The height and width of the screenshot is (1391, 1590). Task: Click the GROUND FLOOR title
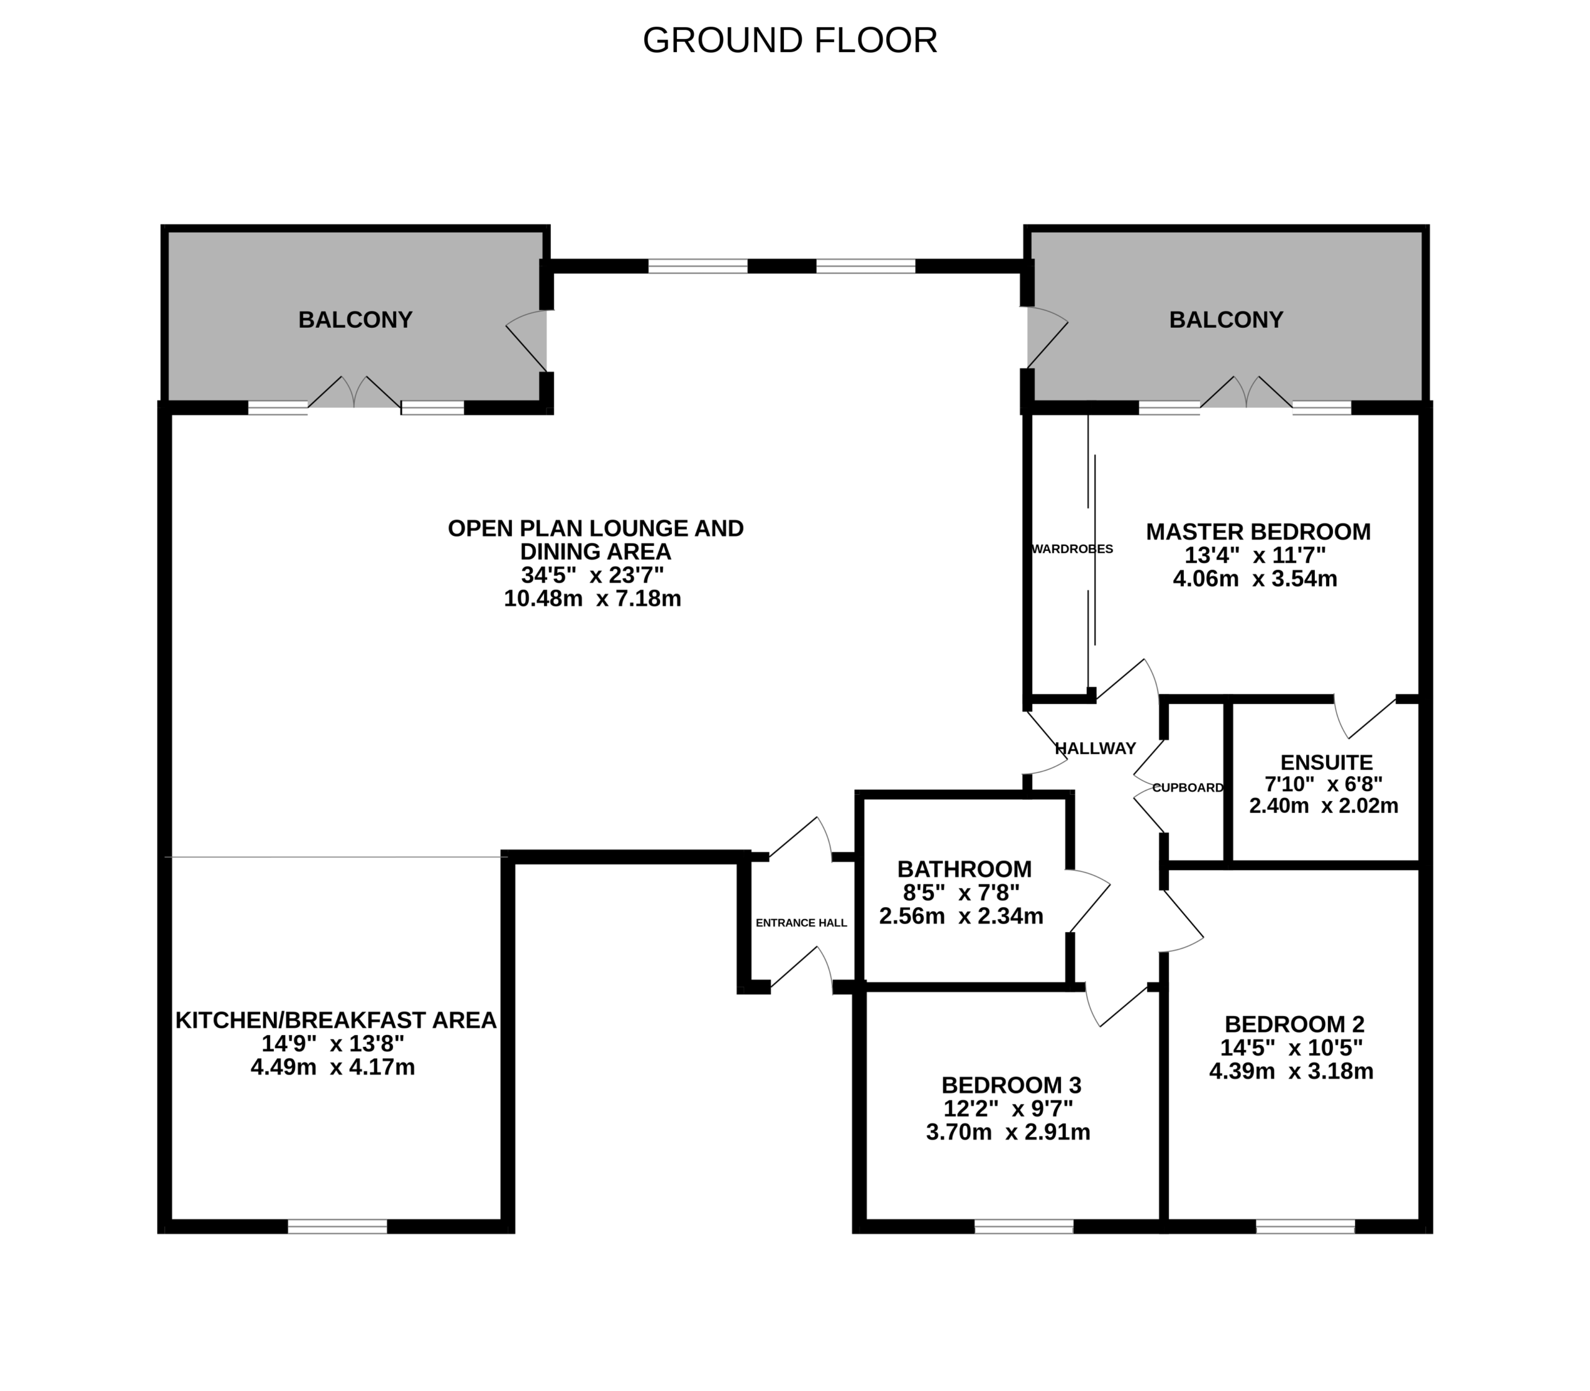coord(789,40)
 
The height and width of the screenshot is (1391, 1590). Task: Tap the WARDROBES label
coord(1072,549)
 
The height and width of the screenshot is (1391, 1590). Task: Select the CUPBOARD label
coord(1188,787)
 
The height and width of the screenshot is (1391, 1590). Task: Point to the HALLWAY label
coord(1096,748)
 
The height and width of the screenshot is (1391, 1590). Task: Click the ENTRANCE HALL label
coord(801,923)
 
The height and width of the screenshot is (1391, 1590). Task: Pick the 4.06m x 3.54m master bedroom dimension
coord(1255,578)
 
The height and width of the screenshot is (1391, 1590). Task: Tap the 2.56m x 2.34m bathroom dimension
coord(961,916)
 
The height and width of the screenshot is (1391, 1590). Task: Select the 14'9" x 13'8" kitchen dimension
coord(333,1043)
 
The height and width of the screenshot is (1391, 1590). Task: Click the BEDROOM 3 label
coord(1012,1084)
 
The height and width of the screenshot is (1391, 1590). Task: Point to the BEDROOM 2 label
coord(1295,1024)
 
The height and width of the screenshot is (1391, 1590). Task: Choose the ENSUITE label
coord(1327,763)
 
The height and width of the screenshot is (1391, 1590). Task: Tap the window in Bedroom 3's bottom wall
coord(1024,1226)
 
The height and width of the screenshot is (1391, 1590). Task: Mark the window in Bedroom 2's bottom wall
coord(1305,1226)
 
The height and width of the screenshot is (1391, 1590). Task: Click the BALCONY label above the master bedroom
coord(1226,320)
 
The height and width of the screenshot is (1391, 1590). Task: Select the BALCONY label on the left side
coord(355,320)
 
